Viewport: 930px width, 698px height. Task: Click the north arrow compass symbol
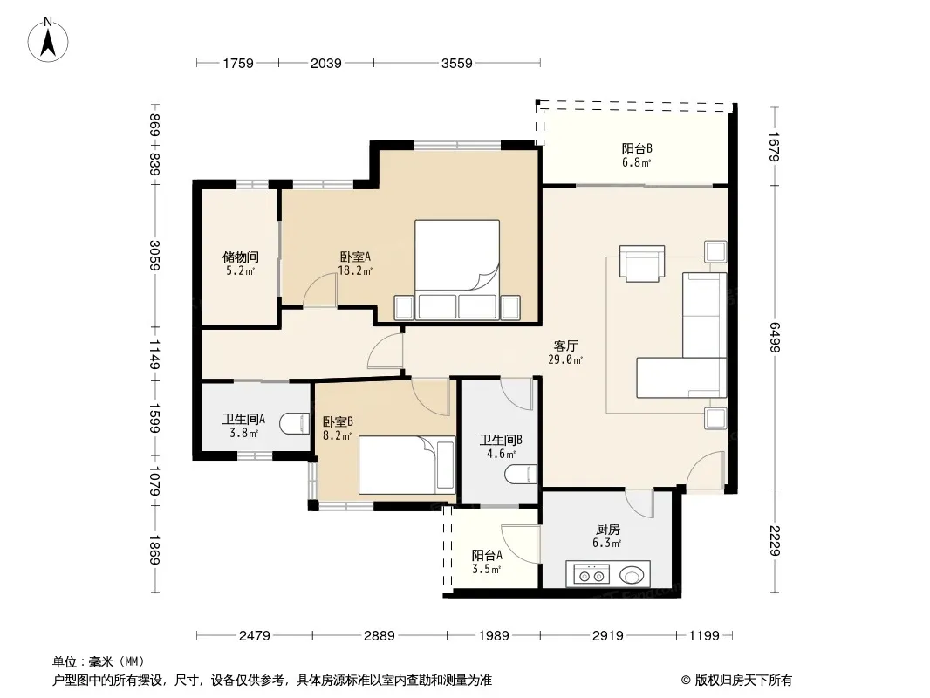pos(48,40)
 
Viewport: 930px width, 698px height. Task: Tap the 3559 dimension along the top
pos(456,63)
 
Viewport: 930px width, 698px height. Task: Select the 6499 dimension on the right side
pos(774,337)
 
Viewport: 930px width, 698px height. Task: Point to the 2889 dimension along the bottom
pos(379,636)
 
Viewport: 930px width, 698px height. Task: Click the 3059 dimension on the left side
pos(154,255)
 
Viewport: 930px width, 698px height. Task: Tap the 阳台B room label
pos(637,149)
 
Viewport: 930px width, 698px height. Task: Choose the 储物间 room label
pos(240,257)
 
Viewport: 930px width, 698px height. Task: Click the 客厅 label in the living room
pos(566,346)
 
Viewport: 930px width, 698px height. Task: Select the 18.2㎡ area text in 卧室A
pos(355,271)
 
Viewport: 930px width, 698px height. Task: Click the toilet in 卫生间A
pos(295,423)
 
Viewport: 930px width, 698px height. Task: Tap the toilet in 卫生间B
pos(522,474)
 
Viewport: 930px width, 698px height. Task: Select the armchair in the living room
pos(642,263)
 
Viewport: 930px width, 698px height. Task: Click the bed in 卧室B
pos(407,465)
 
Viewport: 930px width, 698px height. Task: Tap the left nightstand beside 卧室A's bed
pos(404,307)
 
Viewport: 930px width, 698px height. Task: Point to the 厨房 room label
pos(608,529)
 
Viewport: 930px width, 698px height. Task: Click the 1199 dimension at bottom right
pos(704,636)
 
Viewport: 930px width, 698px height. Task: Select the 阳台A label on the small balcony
pos(487,555)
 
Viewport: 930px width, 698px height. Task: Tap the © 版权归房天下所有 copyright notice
pos(736,681)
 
